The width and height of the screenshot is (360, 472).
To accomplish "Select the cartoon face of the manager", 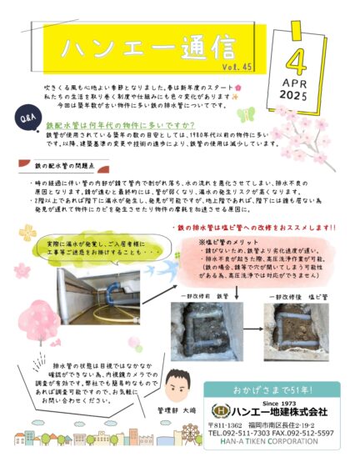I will (x=176, y=389).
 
